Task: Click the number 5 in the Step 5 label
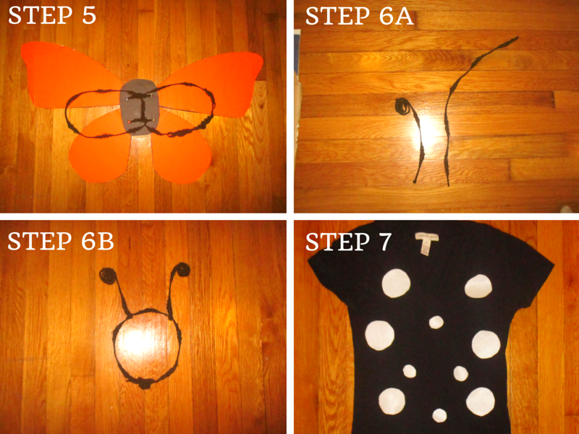89,15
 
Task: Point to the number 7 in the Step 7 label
384,242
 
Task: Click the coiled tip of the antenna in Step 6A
402,106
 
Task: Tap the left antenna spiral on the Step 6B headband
108,276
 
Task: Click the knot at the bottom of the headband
145,383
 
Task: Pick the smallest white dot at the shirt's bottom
439,415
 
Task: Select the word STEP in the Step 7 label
337,242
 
